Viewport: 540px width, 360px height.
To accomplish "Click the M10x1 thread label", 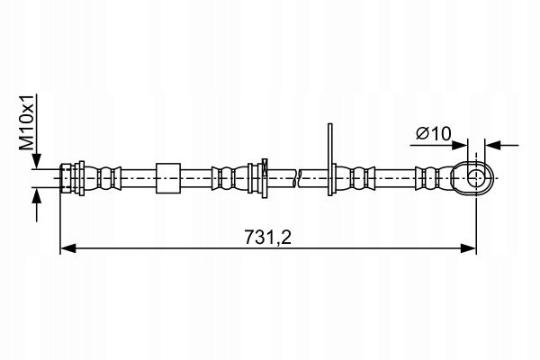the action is (27, 122).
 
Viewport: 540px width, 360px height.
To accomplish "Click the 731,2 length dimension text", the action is (268, 237).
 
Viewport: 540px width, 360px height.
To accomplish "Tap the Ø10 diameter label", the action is (433, 134).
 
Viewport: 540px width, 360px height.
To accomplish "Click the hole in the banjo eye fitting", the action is (476, 178).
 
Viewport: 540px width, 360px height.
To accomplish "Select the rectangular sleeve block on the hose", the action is (168, 178).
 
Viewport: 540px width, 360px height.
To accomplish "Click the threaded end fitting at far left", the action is (72, 178).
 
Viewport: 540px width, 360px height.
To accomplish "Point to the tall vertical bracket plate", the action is (330, 160).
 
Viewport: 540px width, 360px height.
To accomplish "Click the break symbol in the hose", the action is (298, 178).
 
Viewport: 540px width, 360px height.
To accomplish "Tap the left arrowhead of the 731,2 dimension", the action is (68, 247).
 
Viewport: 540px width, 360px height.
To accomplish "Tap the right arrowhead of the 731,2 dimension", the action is (468, 247).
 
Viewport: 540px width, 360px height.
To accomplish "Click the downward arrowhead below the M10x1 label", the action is (37, 161).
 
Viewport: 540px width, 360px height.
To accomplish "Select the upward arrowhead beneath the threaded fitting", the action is (37, 195).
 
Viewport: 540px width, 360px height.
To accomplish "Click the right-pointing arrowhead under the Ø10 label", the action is (460, 146).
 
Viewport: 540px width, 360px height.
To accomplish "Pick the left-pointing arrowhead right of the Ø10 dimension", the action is (492, 146).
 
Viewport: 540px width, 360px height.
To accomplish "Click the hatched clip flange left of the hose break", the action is (265, 178).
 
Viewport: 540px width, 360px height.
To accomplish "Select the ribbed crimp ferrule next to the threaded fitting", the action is (103, 178).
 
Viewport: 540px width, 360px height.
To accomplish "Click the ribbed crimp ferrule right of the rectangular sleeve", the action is (229, 178).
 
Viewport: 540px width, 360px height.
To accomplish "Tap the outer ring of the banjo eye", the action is (490, 178).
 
